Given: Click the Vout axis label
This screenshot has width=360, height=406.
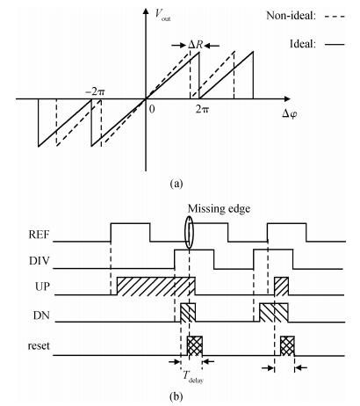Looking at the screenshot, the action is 162,14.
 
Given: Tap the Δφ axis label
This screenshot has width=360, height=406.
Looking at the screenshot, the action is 290,113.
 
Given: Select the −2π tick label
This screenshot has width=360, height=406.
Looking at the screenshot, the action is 95,91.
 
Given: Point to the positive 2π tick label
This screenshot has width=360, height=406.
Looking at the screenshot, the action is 203,109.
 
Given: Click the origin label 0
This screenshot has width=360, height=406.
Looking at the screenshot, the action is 152,109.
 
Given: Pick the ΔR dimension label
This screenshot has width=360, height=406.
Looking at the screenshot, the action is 195,45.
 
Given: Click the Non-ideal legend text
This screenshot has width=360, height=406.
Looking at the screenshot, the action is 292,16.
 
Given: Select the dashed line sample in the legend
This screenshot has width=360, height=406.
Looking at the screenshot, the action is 335,16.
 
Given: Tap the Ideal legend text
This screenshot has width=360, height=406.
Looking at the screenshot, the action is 303,44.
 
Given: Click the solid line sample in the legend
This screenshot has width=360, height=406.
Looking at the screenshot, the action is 335,45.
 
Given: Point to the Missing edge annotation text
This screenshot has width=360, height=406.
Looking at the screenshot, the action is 219,209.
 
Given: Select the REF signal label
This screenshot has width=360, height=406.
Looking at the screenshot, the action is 39,235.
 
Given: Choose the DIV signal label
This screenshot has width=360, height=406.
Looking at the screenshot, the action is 40,261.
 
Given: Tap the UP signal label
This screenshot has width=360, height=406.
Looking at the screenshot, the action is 42,286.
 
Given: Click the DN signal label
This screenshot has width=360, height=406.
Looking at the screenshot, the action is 41,315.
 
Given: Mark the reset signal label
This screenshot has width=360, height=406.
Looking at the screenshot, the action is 39,346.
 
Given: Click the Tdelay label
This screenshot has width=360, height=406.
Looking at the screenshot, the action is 193,377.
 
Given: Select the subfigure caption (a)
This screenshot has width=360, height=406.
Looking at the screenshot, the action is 176,184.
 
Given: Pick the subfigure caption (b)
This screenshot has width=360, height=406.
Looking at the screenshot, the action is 176,396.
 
